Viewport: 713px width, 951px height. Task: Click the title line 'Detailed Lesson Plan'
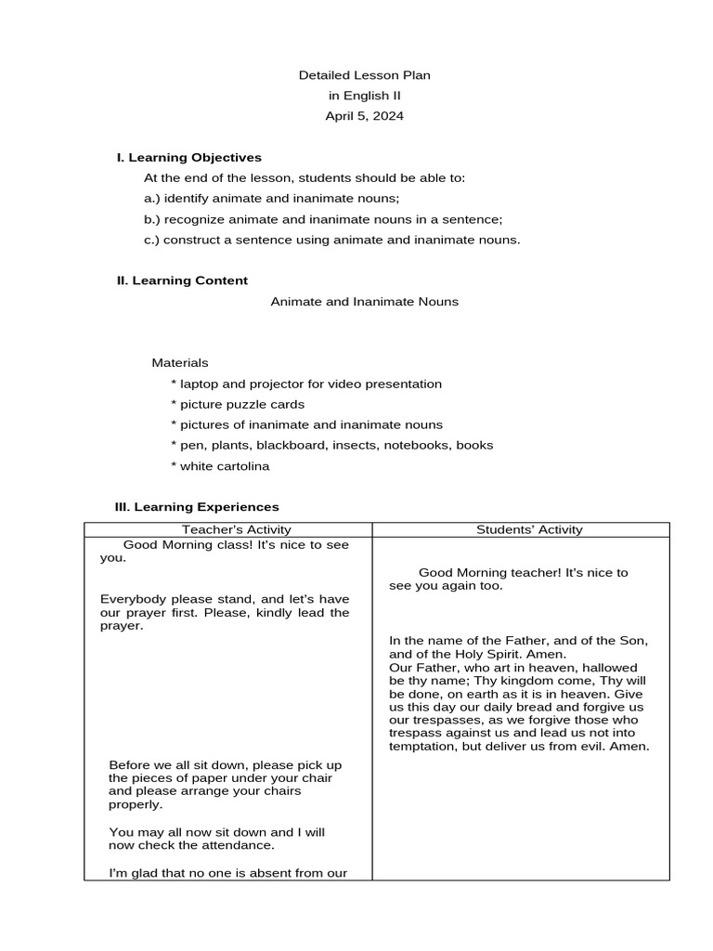pyautogui.click(x=364, y=75)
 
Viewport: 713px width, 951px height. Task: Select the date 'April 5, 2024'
pyautogui.click(x=364, y=116)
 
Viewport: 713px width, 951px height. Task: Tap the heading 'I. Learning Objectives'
pyautogui.click(x=188, y=158)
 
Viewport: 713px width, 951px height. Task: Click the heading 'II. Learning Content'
pyautogui.click(x=182, y=280)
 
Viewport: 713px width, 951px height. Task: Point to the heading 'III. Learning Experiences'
pyautogui.click(x=196, y=507)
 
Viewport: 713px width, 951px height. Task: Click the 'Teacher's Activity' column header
pyautogui.click(x=228, y=529)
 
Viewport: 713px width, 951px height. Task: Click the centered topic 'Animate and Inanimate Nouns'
pyautogui.click(x=364, y=302)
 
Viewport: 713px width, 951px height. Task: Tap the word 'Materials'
pyautogui.click(x=180, y=363)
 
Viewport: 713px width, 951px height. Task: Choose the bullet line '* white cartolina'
pyautogui.click(x=220, y=466)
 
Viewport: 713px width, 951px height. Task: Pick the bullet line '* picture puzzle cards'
pyautogui.click(x=238, y=405)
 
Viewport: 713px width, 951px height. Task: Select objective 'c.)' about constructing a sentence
pyautogui.click(x=331, y=241)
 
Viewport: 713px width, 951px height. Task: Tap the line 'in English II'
pyautogui.click(x=364, y=96)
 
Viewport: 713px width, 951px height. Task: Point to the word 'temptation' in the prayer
pyautogui.click(x=423, y=747)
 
